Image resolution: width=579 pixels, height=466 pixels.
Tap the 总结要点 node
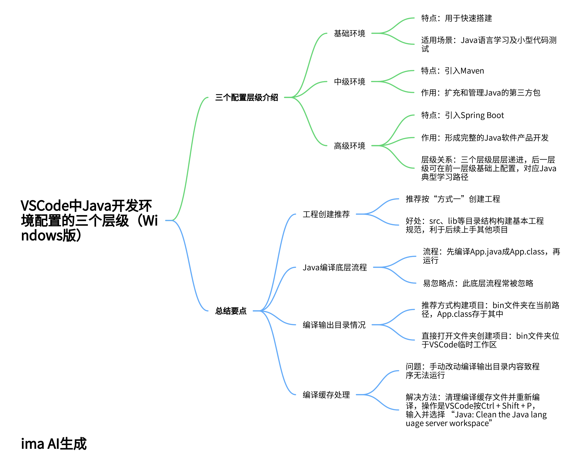tap(231, 311)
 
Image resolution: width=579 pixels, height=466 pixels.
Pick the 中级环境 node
tap(349, 82)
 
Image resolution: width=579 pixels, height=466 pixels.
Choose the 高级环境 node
tap(349, 146)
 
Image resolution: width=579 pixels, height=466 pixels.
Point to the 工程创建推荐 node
tap(326, 214)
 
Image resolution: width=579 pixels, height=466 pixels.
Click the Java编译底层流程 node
tap(334, 267)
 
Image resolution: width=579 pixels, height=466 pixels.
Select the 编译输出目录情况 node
tap(334, 325)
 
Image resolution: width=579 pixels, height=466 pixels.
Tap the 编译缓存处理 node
tap(326, 395)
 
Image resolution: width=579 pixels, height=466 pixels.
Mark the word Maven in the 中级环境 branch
tap(472, 71)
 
